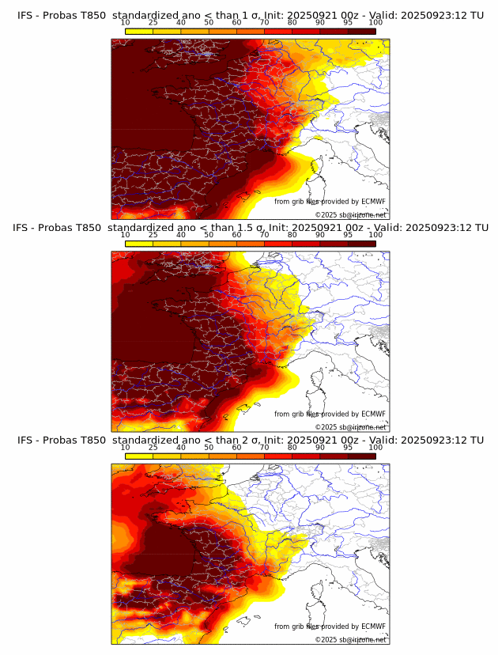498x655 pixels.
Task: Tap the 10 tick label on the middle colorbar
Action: click(125, 234)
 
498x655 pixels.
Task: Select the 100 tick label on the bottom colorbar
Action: click(375, 447)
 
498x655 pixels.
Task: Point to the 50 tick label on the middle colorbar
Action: click(209, 234)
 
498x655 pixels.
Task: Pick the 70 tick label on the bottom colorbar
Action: click(264, 447)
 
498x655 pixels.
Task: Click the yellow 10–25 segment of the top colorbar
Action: click(139, 30)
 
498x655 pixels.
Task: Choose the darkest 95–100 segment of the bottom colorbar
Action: click(361, 456)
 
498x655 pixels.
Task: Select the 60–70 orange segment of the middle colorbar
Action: click(251, 243)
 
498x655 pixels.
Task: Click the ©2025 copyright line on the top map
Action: click(350, 214)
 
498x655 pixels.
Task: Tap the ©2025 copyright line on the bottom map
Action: click(350, 639)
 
